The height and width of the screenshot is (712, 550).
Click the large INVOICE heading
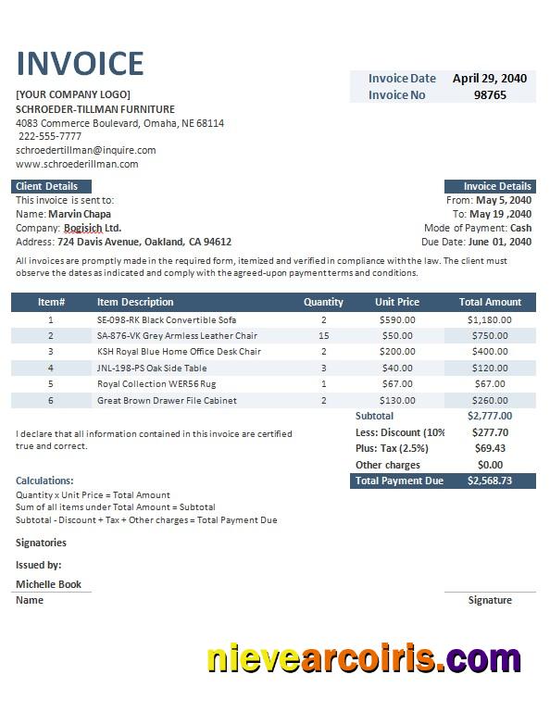tap(80, 63)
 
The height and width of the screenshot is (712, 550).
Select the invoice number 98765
tap(490, 94)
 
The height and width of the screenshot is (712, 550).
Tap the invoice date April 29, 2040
tap(490, 79)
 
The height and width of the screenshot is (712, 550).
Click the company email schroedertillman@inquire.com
tap(85, 150)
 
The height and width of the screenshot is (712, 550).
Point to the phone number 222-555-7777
tap(50, 136)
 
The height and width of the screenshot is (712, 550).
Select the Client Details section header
tap(47, 186)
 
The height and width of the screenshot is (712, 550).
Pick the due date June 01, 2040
tap(499, 242)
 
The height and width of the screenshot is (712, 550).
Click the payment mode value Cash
tap(520, 228)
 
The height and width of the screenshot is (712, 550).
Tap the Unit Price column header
tap(397, 302)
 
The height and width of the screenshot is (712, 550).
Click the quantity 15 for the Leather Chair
tap(323, 335)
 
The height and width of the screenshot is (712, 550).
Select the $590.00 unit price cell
tap(397, 319)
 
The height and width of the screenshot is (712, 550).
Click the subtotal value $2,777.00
tap(489, 416)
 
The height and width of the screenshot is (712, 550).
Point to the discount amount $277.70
tap(489, 431)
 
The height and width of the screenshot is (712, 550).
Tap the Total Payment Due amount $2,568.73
tap(489, 481)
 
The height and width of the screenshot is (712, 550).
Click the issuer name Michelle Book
tap(48, 584)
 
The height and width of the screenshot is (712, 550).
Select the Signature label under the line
tap(490, 600)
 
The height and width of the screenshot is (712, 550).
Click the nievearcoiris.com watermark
tap(364, 659)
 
